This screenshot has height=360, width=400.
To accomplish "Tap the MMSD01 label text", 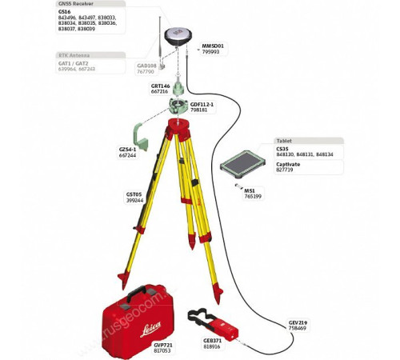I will [x=214, y=46].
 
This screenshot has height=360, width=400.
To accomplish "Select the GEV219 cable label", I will [x=298, y=322].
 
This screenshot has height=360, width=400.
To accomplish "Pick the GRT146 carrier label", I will [x=160, y=86].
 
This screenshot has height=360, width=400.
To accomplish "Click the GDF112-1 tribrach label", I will [x=202, y=104].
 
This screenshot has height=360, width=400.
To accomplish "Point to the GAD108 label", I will [x=147, y=66].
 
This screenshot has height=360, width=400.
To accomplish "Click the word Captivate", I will [x=288, y=164].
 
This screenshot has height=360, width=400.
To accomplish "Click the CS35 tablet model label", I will [x=282, y=148].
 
